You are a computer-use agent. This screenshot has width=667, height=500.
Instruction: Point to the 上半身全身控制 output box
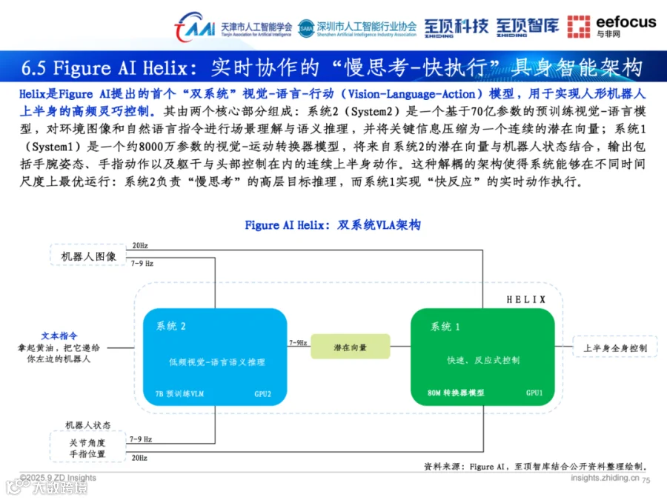click(x=615, y=347)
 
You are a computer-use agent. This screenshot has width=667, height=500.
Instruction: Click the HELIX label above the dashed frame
click(x=525, y=300)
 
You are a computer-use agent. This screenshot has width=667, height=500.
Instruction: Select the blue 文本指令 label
click(x=59, y=336)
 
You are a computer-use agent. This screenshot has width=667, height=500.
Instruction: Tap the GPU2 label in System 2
click(x=262, y=393)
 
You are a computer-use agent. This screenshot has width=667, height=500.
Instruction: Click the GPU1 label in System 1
click(x=534, y=393)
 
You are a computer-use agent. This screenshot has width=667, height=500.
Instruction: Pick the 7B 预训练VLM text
click(x=179, y=393)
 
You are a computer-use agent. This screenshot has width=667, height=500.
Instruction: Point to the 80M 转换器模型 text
click(x=456, y=393)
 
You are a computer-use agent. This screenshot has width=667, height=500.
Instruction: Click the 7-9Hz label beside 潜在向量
click(x=298, y=342)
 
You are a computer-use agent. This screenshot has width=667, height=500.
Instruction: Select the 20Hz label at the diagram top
click(x=139, y=245)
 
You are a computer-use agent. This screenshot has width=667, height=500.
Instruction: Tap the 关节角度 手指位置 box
click(x=87, y=448)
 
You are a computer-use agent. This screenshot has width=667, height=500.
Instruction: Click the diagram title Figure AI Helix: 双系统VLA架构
click(x=333, y=225)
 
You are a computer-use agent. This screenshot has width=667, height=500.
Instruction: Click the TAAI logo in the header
click(x=194, y=27)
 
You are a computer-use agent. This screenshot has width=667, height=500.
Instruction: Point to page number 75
click(x=645, y=480)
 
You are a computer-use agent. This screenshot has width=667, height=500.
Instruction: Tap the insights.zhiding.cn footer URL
click(x=604, y=479)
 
